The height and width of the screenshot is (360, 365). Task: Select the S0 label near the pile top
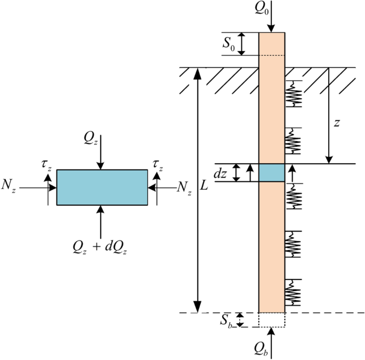(229, 44)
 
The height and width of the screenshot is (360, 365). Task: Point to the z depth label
(336, 123)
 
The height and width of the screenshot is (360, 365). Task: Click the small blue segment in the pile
(272, 172)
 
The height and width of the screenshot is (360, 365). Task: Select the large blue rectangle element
(102, 187)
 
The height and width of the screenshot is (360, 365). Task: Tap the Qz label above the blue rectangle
(90, 138)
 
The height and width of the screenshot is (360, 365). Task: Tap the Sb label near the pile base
(226, 321)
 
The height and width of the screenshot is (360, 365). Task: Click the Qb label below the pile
(272, 353)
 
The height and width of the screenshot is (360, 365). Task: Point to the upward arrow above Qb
(272, 336)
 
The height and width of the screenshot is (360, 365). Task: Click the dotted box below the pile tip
(272, 319)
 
